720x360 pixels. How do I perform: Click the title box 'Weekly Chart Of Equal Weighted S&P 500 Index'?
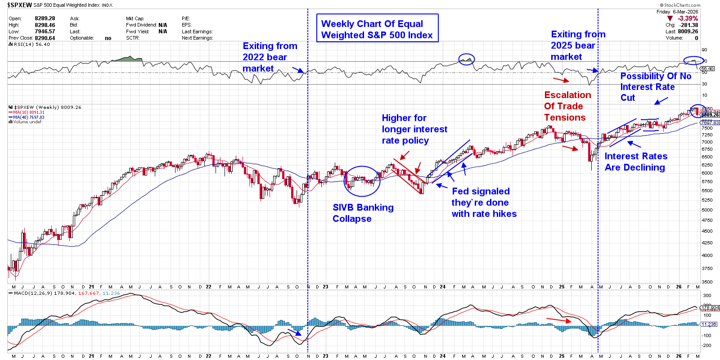click(377, 29)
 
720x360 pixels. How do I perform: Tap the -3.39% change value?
click(688, 18)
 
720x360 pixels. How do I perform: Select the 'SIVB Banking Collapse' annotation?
click(363, 213)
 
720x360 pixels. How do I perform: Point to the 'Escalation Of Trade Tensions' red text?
click(567, 106)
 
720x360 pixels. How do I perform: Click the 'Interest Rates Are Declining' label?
click(635, 162)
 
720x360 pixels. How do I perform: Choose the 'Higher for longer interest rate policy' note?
click(414, 129)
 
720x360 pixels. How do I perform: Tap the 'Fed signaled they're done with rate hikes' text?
click(484, 202)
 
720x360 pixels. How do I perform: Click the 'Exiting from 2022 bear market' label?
click(270, 57)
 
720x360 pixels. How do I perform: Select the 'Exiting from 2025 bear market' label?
click(577, 45)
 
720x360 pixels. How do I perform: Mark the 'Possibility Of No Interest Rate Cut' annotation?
click(655, 87)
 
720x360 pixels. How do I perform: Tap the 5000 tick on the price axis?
click(707, 210)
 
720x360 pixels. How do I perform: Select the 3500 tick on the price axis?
click(707, 282)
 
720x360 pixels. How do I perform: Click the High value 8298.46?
click(45, 25)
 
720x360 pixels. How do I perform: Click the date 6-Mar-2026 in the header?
click(685, 12)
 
